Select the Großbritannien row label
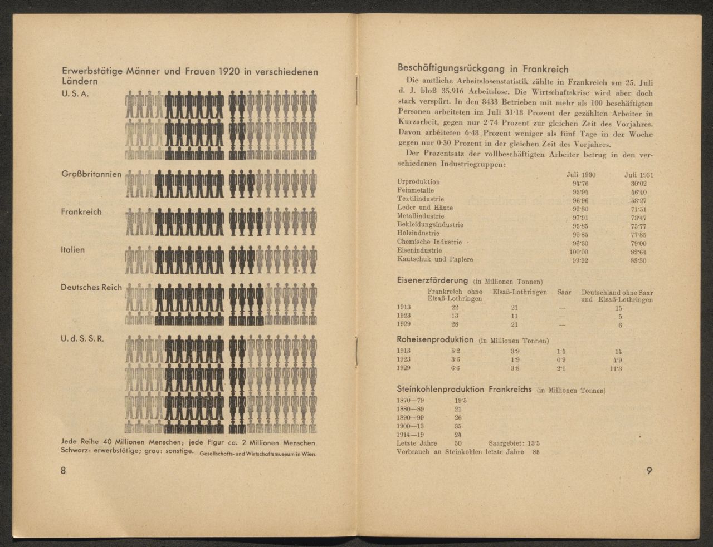click(x=91, y=174)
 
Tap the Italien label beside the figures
click(x=73, y=250)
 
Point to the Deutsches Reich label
click(x=91, y=288)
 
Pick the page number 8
click(x=64, y=471)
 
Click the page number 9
click(x=649, y=471)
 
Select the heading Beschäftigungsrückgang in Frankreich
click(x=482, y=69)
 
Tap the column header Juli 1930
click(x=581, y=174)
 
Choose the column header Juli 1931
click(x=638, y=174)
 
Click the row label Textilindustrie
click(x=421, y=199)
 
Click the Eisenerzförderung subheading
click(x=433, y=280)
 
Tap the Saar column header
click(x=564, y=292)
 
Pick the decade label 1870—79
click(x=411, y=400)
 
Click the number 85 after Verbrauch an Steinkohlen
click(x=536, y=452)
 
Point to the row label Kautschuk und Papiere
click(x=435, y=259)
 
